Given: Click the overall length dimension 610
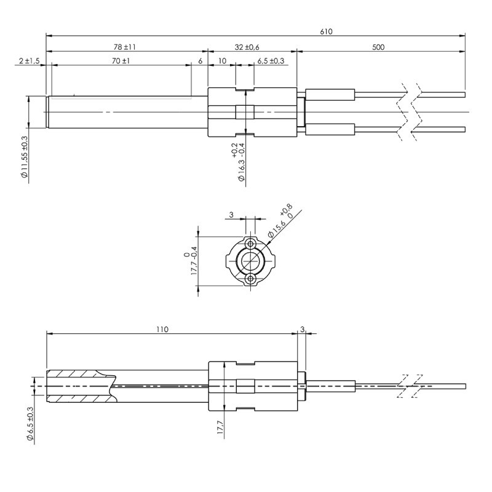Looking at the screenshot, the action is [326, 31].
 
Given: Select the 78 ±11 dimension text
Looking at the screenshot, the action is [125, 47].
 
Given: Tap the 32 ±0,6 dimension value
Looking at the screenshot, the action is [247, 47].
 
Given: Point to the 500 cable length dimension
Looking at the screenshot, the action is [378, 47].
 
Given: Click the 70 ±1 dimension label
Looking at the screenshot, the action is [121, 60].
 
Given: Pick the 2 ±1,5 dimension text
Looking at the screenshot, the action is [29, 60].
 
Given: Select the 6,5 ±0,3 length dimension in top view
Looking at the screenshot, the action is [271, 61].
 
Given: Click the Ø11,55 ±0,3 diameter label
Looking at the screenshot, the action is [25, 157].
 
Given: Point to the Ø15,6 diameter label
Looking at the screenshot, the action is [276, 229].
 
